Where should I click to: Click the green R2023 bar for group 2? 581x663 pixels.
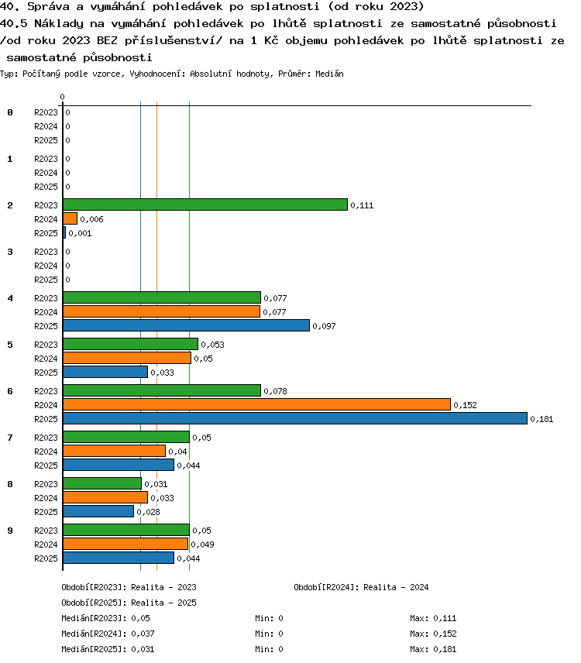tap(205, 204)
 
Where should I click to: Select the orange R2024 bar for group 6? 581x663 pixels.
tap(256, 404)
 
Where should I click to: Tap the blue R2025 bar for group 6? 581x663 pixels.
tap(295, 418)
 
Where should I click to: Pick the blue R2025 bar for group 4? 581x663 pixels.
tap(186, 325)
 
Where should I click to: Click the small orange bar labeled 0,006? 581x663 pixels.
tap(70, 218)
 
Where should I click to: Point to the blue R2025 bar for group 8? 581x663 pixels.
tap(98, 512)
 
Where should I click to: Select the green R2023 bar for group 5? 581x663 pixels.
tap(130, 344)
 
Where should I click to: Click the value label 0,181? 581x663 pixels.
tap(541, 419)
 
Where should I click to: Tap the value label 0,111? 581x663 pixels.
tap(362, 205)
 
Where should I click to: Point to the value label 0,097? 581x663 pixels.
tap(324, 326)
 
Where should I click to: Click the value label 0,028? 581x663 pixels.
tap(149, 512)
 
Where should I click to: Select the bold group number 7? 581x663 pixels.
tap(10, 438)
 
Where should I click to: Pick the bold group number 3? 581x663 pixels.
tap(10, 252)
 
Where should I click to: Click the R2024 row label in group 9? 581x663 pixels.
tap(46, 544)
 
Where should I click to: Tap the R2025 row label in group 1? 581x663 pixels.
tap(46, 187)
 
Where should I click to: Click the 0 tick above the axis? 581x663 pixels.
tap(63, 98)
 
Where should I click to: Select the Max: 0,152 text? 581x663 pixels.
tap(433, 634)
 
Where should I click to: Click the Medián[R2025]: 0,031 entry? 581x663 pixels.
tap(108, 649)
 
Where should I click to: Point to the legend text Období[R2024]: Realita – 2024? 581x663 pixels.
tap(361, 587)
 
